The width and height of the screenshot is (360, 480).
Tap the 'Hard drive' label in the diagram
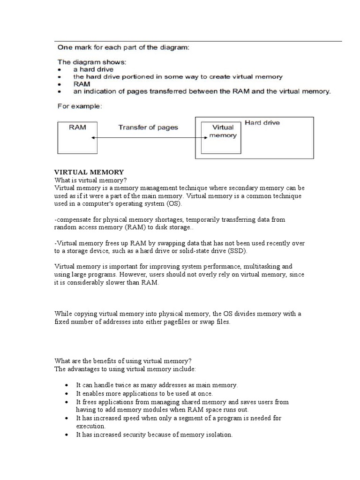tap(262, 123)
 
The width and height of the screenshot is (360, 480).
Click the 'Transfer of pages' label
tap(148, 127)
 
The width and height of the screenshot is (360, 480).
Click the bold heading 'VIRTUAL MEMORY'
tap(89, 172)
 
